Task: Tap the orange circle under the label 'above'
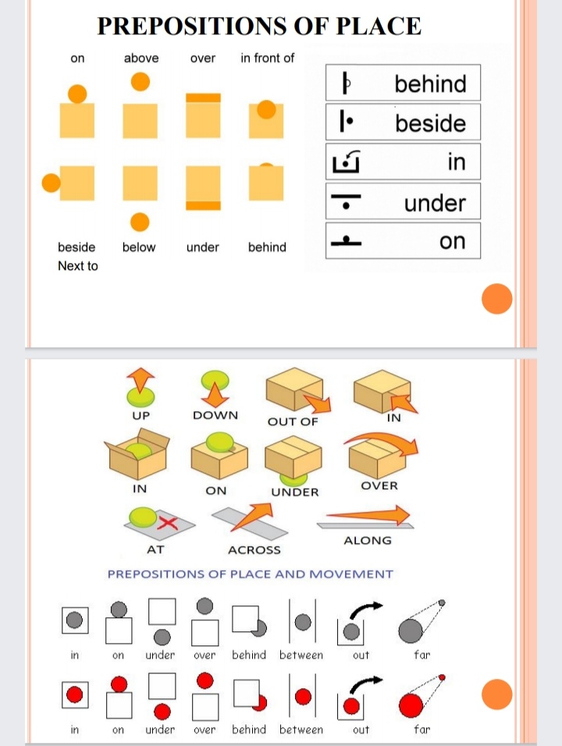(x=140, y=81)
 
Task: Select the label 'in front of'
(x=268, y=58)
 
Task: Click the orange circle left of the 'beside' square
(x=52, y=183)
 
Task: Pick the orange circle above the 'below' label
(x=140, y=222)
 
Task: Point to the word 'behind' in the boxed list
(x=431, y=83)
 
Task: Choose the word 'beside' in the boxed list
(x=431, y=123)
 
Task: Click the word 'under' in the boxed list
(x=435, y=203)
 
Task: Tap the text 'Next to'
(x=77, y=265)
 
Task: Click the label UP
(x=140, y=415)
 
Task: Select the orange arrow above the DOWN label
(x=215, y=394)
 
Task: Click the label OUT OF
(x=293, y=421)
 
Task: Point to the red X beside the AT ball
(x=168, y=523)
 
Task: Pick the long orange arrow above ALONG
(x=368, y=515)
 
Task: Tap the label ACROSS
(x=254, y=550)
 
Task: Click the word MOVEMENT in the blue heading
(x=351, y=574)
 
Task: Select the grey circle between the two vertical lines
(x=303, y=622)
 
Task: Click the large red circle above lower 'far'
(x=411, y=705)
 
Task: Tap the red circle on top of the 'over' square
(x=205, y=680)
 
